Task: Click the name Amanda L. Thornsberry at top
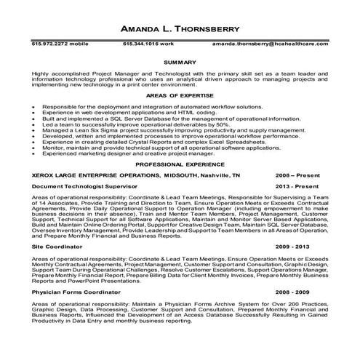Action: (179, 31)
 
